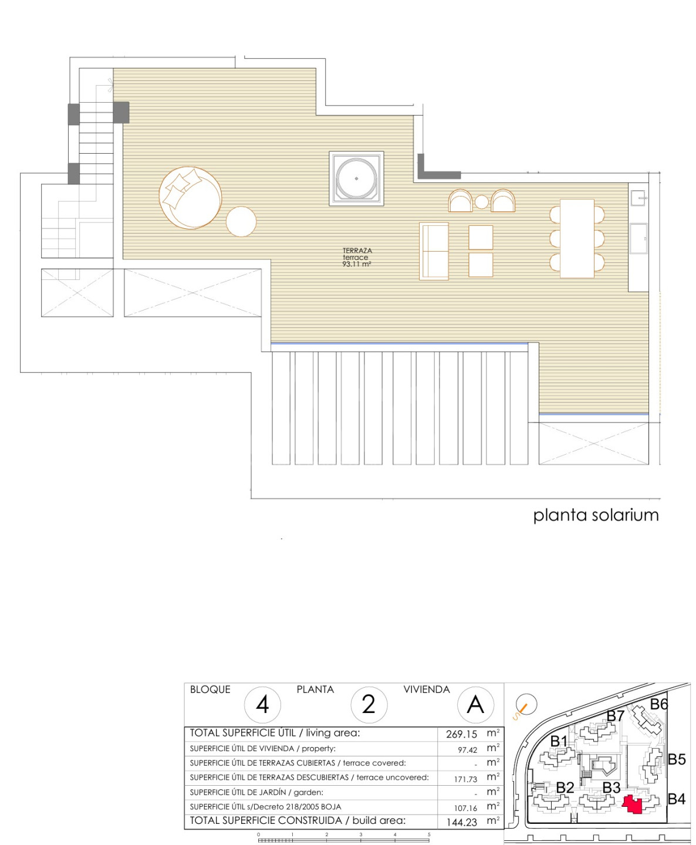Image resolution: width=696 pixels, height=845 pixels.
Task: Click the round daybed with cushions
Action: (190, 198)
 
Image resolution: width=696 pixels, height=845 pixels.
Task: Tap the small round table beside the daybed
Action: (241, 221)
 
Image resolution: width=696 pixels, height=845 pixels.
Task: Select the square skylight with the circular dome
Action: (356, 178)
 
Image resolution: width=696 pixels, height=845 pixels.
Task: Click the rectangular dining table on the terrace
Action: (577, 238)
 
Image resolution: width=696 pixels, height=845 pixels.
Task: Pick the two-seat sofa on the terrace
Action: (434, 251)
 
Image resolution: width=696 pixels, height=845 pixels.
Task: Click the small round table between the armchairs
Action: (481, 202)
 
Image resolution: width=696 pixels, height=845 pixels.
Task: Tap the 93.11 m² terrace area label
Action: (356, 264)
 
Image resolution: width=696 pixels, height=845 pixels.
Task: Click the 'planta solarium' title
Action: (596, 515)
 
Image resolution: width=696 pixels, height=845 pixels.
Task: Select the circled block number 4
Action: (262, 705)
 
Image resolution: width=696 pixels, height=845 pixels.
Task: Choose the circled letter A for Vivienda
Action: (475, 705)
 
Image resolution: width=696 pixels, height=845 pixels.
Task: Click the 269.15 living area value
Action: (461, 734)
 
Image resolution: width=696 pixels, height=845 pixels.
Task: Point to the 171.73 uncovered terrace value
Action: (465, 779)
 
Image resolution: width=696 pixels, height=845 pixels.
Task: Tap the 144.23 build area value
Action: (462, 822)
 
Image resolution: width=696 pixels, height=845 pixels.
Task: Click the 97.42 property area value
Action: (467, 750)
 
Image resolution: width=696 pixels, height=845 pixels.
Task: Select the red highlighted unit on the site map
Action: (633, 805)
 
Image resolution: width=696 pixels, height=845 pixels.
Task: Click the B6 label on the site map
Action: (658, 705)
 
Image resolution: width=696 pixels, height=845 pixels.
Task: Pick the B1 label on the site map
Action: (559, 741)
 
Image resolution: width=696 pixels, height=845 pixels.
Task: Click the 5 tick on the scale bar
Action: (429, 834)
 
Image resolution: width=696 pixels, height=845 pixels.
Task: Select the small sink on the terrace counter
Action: (638, 198)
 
